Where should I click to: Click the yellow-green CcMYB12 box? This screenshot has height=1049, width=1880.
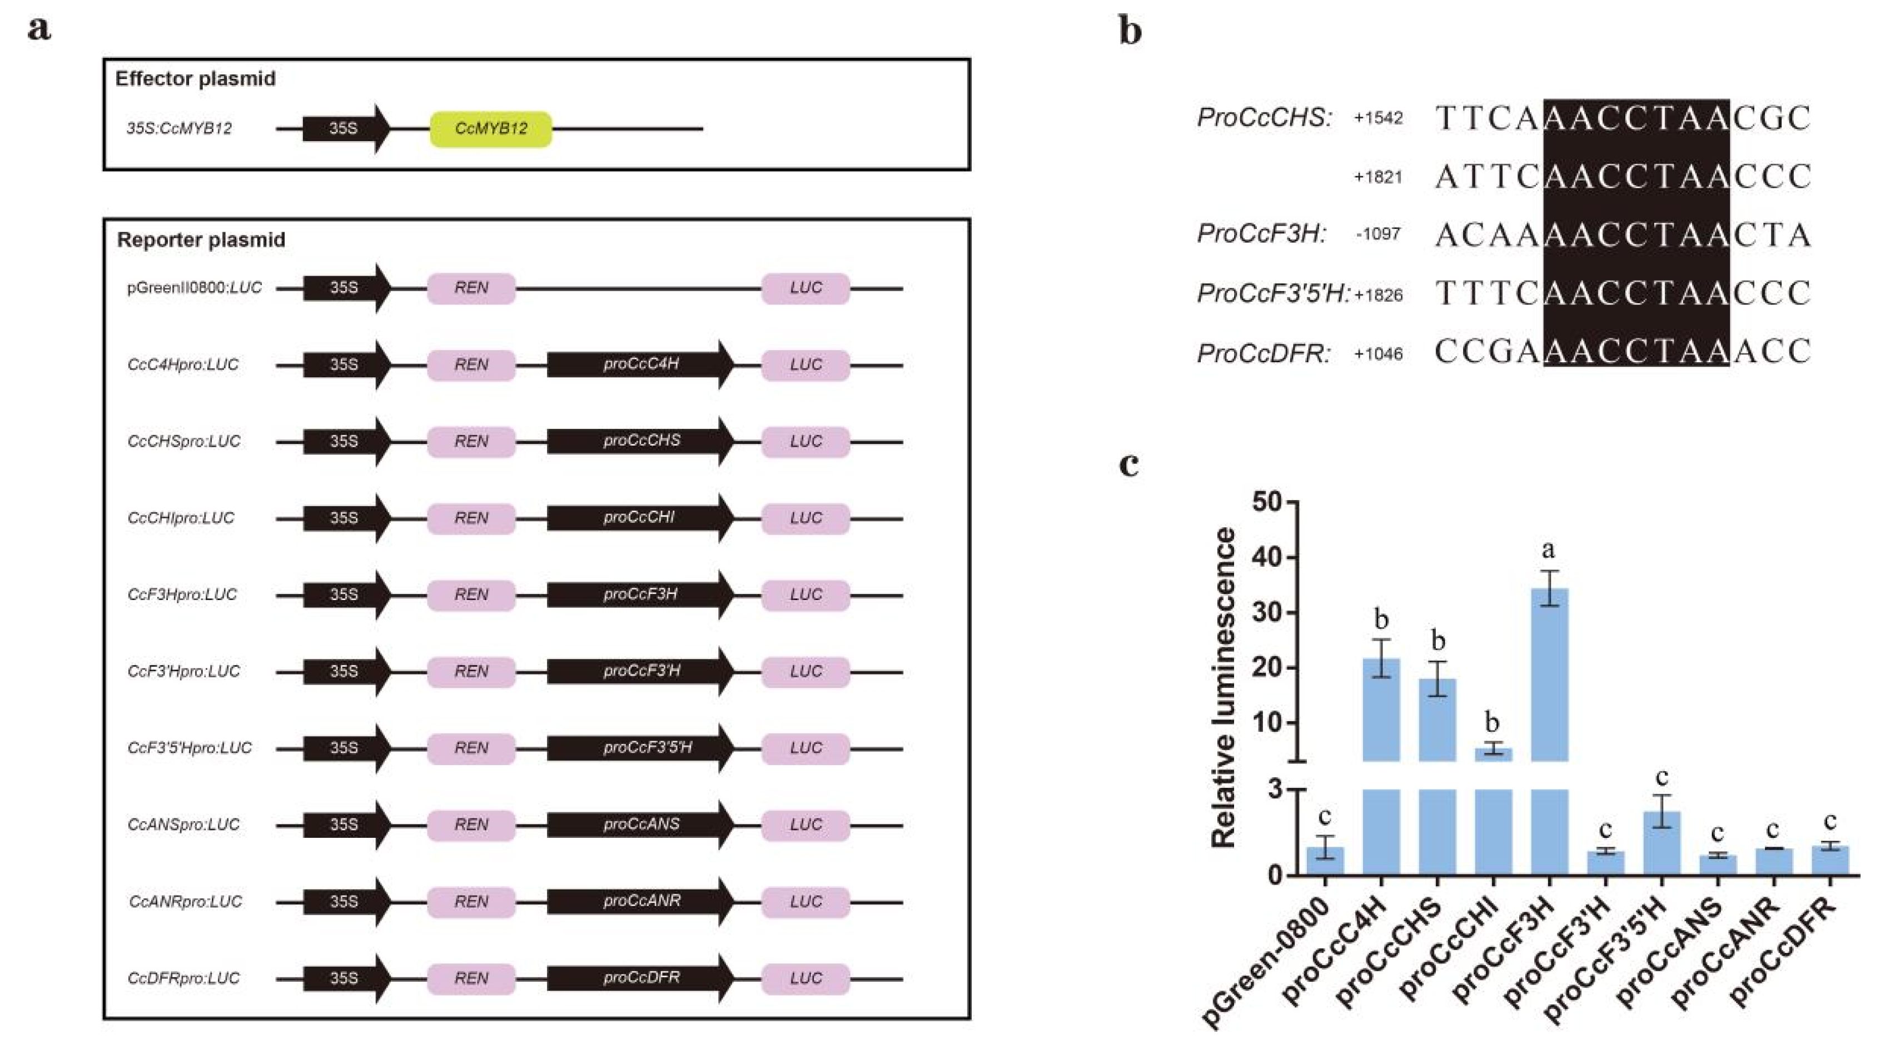pos(490,129)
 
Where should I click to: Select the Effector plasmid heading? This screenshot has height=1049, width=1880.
pos(195,79)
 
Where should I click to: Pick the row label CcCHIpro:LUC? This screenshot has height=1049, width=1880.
pos(181,518)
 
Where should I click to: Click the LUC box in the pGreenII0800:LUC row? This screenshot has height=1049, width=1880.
pos(805,288)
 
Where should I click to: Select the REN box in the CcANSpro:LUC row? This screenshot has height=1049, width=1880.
pos(471,825)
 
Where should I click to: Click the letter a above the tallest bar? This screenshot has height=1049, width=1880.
pos(1549,550)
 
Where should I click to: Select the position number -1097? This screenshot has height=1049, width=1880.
pos(1378,234)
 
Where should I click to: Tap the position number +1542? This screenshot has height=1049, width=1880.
pos(1378,118)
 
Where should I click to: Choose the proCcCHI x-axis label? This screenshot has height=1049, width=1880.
pos(1453,948)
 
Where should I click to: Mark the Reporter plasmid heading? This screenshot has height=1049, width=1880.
pos(201,240)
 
